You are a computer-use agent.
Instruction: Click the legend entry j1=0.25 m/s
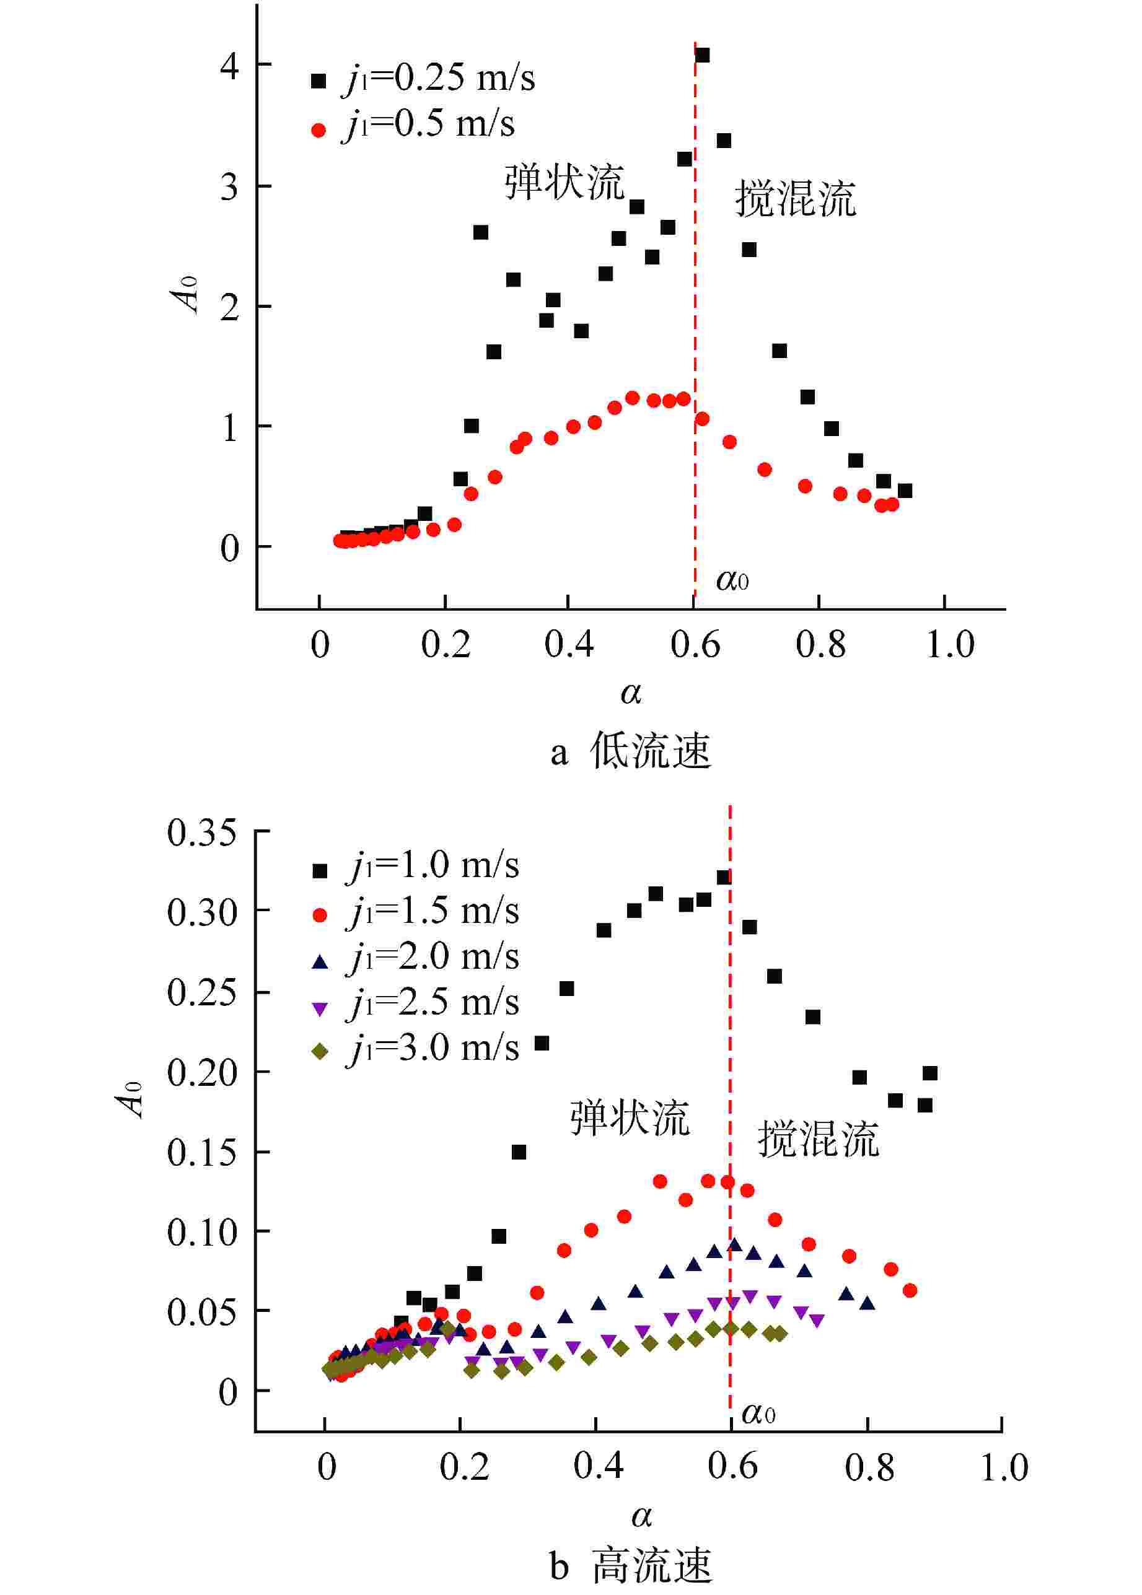click(422, 78)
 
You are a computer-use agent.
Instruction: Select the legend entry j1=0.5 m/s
click(413, 125)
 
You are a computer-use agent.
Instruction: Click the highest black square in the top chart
click(702, 55)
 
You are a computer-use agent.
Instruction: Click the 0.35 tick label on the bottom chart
click(202, 833)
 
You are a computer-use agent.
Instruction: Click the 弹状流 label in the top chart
click(564, 183)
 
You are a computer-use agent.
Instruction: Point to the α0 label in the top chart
click(732, 580)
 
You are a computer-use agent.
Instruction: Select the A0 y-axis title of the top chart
click(186, 294)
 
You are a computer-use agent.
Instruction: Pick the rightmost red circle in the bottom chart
click(909, 1291)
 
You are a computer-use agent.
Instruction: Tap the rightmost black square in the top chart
click(905, 491)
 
